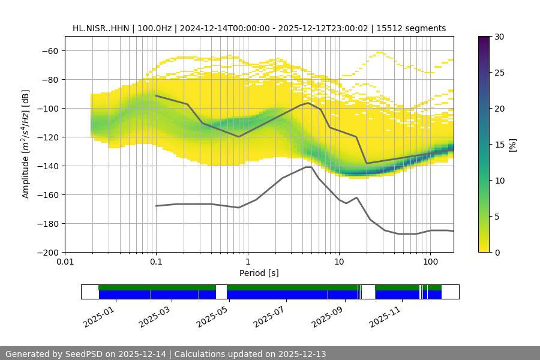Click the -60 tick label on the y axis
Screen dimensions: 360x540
(x=49, y=50)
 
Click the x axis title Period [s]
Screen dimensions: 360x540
(x=259, y=273)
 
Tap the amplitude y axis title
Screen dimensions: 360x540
(x=25, y=144)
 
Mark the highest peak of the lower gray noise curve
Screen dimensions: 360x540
(x=308, y=167)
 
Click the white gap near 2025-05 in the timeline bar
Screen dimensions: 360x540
(x=221, y=292)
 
